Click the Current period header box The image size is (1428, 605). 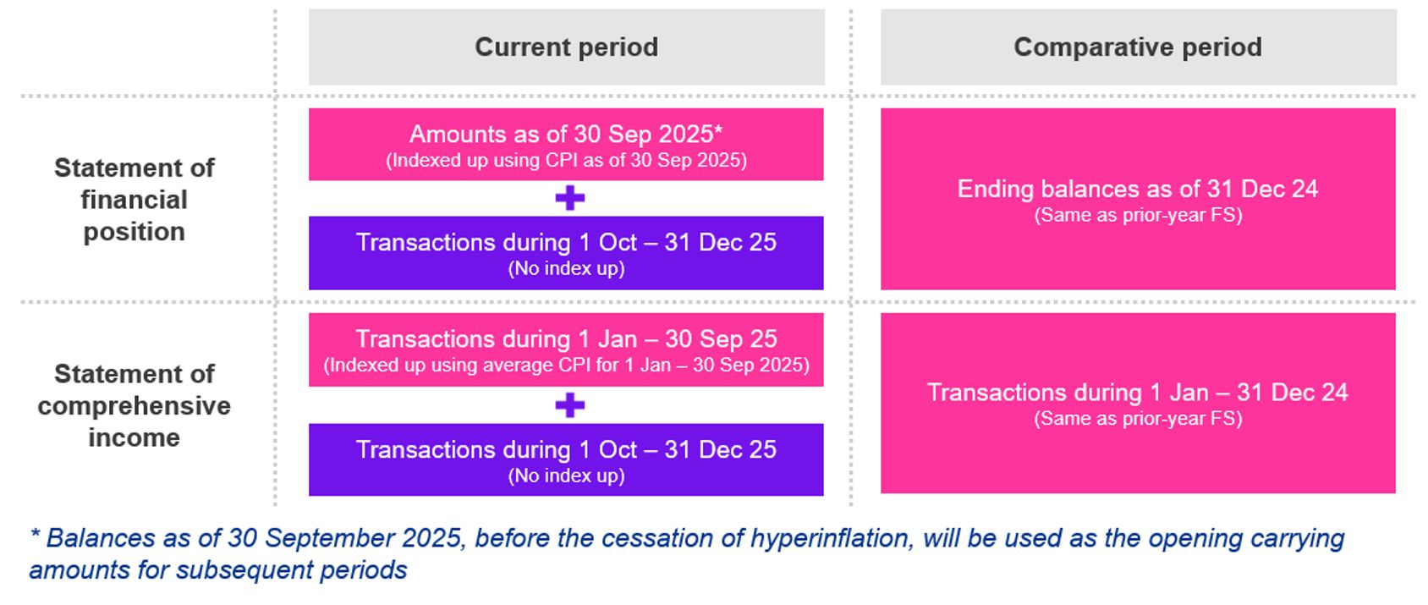tap(566, 47)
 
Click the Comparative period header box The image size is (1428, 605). tap(1138, 47)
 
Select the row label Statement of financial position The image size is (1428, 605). tap(134, 200)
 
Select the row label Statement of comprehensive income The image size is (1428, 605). tap(134, 405)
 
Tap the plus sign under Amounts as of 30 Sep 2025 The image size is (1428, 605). tap(569, 198)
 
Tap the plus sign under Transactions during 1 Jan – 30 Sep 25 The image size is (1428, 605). tap(569, 405)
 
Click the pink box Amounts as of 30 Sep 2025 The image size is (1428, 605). tap(566, 144)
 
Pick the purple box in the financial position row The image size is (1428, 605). tap(566, 253)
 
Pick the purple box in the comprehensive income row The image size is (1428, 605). tap(566, 459)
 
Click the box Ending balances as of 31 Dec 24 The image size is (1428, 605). tap(1138, 199)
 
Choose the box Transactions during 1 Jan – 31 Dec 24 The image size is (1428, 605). tap(1138, 404)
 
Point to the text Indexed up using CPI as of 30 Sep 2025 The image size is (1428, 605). tap(566, 161)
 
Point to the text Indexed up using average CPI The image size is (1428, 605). tap(566, 366)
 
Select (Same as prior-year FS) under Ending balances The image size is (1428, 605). tap(1138, 215)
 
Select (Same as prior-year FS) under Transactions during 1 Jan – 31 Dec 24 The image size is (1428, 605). tap(1138, 419)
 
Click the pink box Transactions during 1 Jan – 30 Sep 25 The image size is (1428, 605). tap(566, 349)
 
